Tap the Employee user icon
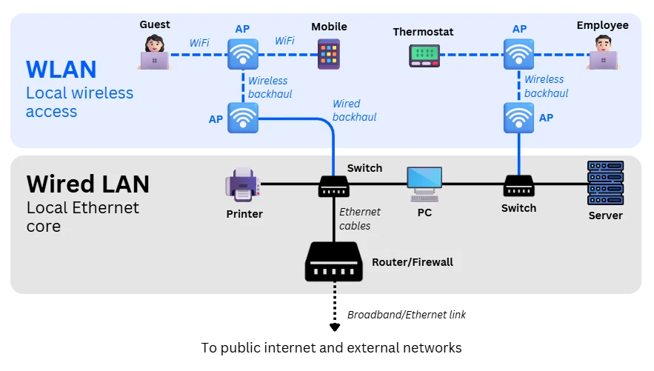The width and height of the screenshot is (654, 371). point(603,53)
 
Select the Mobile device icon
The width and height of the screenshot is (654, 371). point(329,54)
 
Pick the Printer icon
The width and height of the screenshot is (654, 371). point(243,184)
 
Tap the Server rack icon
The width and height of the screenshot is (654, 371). point(605,183)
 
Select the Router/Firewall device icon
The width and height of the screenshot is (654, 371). point(333,262)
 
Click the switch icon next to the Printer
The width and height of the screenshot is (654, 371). point(333,186)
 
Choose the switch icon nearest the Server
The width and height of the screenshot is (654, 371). point(518,185)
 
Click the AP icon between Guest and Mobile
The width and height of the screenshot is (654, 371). point(243,54)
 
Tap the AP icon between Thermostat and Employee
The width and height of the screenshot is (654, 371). point(518,54)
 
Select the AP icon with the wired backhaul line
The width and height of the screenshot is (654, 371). point(243,118)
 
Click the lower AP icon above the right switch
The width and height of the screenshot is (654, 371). point(518,118)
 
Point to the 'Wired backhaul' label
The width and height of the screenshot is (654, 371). point(354,110)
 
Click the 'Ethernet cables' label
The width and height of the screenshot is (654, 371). point(359,218)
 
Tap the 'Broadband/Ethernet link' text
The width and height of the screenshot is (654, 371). point(407,315)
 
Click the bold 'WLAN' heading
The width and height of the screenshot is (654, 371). point(61,69)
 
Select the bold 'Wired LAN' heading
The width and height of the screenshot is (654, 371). point(87,183)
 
